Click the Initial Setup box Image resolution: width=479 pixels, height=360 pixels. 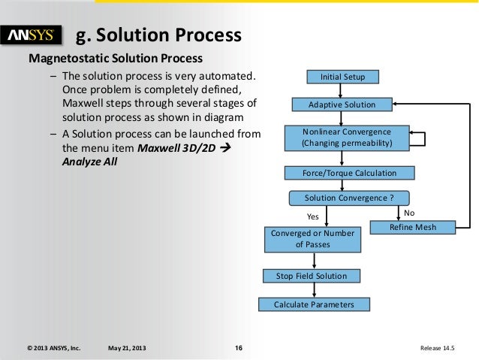pyautogui.click(x=342, y=77)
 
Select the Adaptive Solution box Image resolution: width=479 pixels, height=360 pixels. pyautogui.click(x=342, y=104)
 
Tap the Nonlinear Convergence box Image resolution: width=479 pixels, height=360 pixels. pyautogui.click(x=342, y=137)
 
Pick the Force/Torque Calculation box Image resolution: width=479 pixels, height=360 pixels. pyautogui.click(x=349, y=173)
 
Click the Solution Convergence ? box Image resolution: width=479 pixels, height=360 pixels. pyautogui.click(x=349, y=198)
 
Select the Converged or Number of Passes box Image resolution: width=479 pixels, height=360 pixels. pyautogui.click(x=312, y=239)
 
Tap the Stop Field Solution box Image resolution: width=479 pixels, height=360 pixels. pyautogui.click(x=312, y=276)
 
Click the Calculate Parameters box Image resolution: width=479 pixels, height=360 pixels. pyautogui.click(x=312, y=304)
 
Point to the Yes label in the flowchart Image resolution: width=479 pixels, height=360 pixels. pyautogui.click(x=314, y=216)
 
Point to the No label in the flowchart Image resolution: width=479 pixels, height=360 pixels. pyautogui.click(x=409, y=213)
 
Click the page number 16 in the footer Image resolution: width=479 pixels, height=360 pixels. pyautogui.click(x=238, y=348)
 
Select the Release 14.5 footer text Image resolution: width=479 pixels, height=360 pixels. pyautogui.click(x=443, y=348)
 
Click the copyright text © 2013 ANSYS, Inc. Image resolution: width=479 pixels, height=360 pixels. pyautogui.click(x=53, y=348)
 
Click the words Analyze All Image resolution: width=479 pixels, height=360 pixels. pyautogui.click(x=89, y=162)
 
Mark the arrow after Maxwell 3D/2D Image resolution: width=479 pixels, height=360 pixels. pyautogui.click(x=231, y=148)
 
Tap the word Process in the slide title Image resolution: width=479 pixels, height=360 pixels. pyautogui.click(x=208, y=35)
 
